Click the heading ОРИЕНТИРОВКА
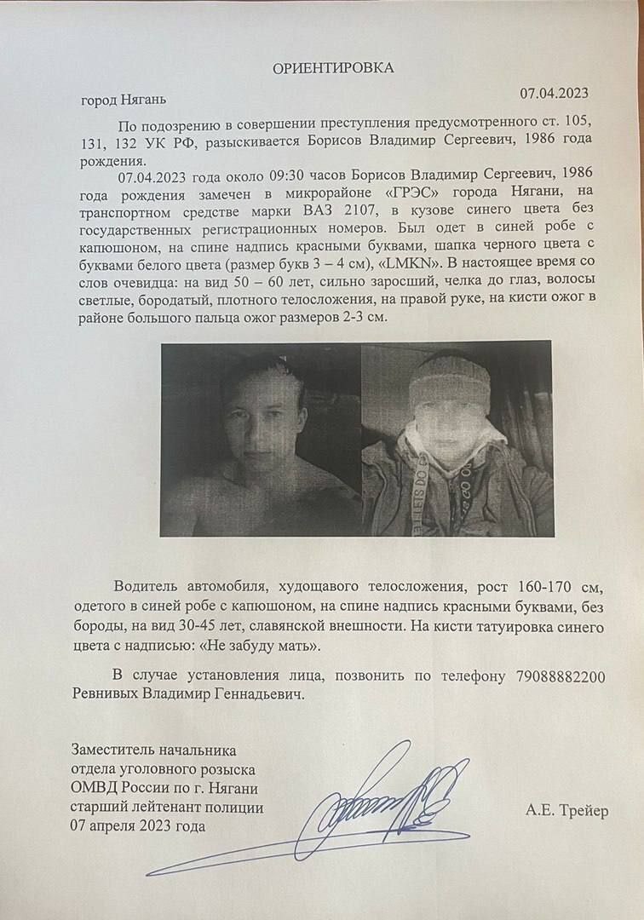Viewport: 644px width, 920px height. pyautogui.click(x=333, y=68)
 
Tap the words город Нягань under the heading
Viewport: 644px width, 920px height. pyautogui.click(x=120, y=101)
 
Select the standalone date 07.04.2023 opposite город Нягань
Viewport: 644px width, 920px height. pyautogui.click(x=555, y=93)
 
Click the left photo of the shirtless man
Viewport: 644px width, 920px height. pyautogui.click(x=261, y=440)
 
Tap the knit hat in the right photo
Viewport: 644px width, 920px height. pyautogui.click(x=444, y=385)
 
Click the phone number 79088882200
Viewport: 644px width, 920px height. pyautogui.click(x=560, y=676)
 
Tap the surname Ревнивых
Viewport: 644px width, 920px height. pyautogui.click(x=112, y=695)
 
